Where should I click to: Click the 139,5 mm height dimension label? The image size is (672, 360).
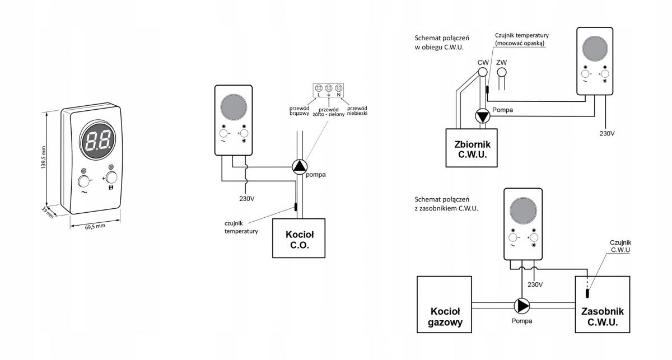click(x=44, y=157)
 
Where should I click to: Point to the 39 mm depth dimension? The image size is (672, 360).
click(x=48, y=212)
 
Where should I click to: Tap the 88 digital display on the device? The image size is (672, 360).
click(x=97, y=141)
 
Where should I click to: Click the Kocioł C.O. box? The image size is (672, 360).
click(x=298, y=238)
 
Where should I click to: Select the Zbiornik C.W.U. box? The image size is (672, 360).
click(x=472, y=148)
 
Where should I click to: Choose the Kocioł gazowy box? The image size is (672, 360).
click(x=444, y=305)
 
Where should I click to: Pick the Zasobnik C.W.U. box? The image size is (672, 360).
click(x=603, y=305)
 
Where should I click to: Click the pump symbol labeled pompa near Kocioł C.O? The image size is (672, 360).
click(x=300, y=167)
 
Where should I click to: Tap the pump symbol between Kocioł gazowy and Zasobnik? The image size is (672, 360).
click(x=522, y=306)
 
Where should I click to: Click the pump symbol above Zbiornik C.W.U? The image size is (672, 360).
click(x=482, y=116)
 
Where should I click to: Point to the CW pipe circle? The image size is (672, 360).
click(x=482, y=72)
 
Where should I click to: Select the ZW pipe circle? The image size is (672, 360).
click(x=502, y=72)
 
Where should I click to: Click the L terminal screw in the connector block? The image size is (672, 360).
click(x=319, y=88)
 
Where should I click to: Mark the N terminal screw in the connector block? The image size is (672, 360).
click(x=339, y=88)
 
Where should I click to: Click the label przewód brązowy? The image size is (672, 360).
click(x=299, y=111)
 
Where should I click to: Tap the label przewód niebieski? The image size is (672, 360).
click(x=357, y=111)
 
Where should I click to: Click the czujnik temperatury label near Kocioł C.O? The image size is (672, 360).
click(x=241, y=227)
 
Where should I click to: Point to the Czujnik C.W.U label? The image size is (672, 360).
click(x=620, y=246)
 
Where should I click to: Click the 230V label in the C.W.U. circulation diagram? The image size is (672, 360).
click(x=607, y=133)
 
